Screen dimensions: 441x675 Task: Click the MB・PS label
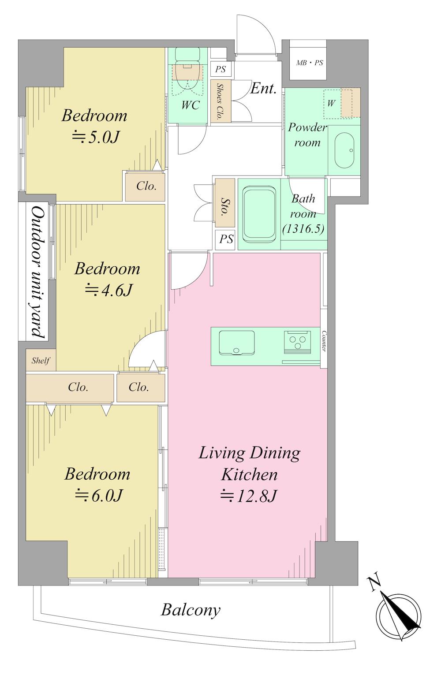(x=309, y=63)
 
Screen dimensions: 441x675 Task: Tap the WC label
(x=191, y=105)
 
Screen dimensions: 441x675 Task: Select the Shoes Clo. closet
(x=220, y=101)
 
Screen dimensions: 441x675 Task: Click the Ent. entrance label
(x=263, y=89)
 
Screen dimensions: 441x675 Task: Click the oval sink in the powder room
(x=344, y=150)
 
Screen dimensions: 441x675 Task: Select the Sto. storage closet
(x=224, y=203)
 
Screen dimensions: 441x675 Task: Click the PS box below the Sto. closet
(x=225, y=239)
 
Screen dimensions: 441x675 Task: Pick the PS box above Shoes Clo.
(x=220, y=69)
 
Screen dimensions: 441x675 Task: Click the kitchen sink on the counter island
(x=236, y=343)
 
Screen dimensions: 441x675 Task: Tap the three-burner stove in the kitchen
(x=297, y=342)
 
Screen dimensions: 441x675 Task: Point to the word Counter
(x=324, y=341)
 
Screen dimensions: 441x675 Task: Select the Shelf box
(x=41, y=360)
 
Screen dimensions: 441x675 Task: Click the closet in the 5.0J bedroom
(x=145, y=186)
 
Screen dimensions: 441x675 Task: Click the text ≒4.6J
(x=108, y=290)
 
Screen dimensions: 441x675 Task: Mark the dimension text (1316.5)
(x=303, y=229)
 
